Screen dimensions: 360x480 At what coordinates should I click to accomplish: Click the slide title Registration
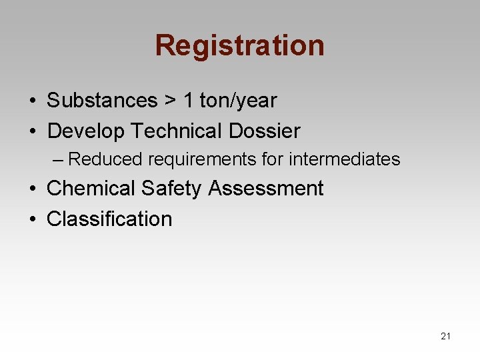[x=239, y=45]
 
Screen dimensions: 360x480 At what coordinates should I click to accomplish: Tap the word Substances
[x=101, y=101]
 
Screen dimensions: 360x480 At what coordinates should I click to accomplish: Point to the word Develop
[x=85, y=131]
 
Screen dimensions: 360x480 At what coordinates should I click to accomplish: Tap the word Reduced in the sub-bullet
[x=105, y=159]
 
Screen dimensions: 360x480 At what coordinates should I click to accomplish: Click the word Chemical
[x=91, y=189]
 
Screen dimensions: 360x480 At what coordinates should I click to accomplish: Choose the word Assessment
[x=266, y=189]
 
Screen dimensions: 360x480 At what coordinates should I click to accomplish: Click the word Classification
[x=109, y=219]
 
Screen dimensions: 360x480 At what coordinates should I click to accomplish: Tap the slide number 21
[x=445, y=336]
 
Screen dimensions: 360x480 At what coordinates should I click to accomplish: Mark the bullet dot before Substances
[x=32, y=101]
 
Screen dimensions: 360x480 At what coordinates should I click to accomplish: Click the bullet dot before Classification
[x=32, y=219]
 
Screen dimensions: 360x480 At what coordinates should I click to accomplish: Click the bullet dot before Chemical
[x=32, y=189]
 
